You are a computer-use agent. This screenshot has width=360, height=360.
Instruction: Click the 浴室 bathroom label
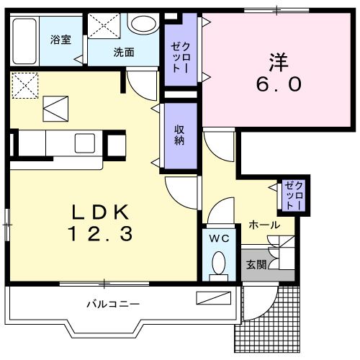click(60, 39)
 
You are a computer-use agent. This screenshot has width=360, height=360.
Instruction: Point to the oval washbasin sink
click(142, 23)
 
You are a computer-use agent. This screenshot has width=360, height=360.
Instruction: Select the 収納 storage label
click(179, 134)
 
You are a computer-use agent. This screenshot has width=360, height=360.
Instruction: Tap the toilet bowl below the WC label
click(220, 265)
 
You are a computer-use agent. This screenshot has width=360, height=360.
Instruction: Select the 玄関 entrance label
click(256, 264)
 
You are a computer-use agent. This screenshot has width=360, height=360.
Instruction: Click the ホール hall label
click(264, 225)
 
